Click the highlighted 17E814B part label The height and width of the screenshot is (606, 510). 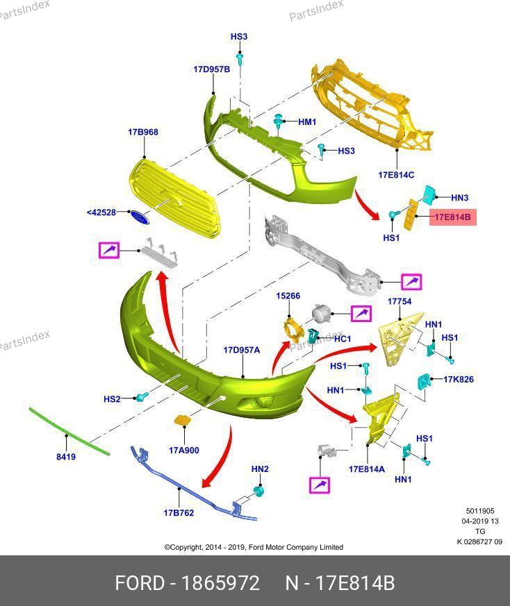pyautogui.click(x=452, y=217)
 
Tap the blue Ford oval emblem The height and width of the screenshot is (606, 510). pyautogui.click(x=139, y=217)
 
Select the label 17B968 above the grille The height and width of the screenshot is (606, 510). pyautogui.click(x=143, y=132)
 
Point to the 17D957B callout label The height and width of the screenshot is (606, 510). pyautogui.click(x=212, y=69)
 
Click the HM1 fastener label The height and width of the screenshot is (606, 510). pyautogui.click(x=307, y=121)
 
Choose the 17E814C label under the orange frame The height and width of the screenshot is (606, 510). pyautogui.click(x=396, y=175)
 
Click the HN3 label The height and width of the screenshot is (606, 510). pyautogui.click(x=460, y=198)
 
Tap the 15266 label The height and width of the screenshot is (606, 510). pyautogui.click(x=288, y=296)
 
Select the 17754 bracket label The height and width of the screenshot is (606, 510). pyautogui.click(x=400, y=301)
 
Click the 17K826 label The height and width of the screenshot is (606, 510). pyautogui.click(x=459, y=379)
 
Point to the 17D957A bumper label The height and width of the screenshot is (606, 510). pyautogui.click(x=242, y=350)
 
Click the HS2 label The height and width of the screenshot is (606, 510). pyautogui.click(x=112, y=398)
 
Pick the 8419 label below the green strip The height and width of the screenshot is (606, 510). pyautogui.click(x=66, y=457)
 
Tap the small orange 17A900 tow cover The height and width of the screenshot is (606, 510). pyautogui.click(x=181, y=420)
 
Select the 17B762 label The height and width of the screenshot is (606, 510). pyautogui.click(x=179, y=512)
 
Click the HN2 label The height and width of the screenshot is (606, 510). pyautogui.click(x=260, y=469)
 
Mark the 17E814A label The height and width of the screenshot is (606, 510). pyautogui.click(x=367, y=469)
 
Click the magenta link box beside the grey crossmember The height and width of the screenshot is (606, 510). pyautogui.click(x=411, y=282)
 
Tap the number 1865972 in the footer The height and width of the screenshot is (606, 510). pyautogui.click(x=220, y=583)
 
